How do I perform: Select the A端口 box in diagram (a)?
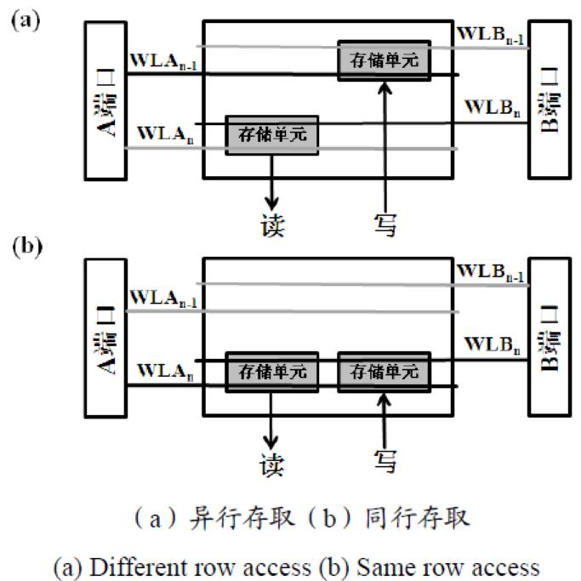(x=105, y=100)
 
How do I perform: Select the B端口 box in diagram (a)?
(x=550, y=100)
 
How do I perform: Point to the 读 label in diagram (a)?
(x=272, y=225)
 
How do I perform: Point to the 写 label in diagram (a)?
(x=384, y=224)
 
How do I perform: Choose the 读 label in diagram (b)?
(x=272, y=464)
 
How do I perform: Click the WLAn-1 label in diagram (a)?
(x=163, y=62)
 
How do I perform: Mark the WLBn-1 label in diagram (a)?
(x=492, y=34)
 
